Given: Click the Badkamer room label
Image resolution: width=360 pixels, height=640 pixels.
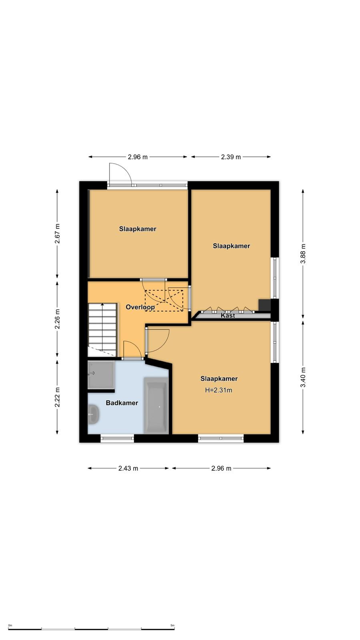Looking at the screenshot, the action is tap(122, 403).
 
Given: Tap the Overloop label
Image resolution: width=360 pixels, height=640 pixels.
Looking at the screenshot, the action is tap(140, 307).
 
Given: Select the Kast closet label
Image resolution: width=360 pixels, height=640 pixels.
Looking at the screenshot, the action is tap(228, 316).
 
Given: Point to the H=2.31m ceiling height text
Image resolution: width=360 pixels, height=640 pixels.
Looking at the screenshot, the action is tap(218, 390).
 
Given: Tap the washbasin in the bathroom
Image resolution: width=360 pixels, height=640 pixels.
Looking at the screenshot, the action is tap(94, 414).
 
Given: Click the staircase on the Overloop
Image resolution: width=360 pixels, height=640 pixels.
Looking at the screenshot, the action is tap(102, 330).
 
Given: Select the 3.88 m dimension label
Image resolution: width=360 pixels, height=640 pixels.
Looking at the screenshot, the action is tap(303, 254).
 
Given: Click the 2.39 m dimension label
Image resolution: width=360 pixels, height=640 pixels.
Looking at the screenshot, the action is tap(231, 157).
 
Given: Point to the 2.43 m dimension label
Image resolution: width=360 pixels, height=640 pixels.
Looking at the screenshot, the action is tap(128, 468).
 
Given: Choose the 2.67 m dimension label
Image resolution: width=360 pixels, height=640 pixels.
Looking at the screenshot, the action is tap(58, 234).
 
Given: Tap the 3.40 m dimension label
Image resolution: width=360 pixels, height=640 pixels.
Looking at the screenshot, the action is tap(303, 377).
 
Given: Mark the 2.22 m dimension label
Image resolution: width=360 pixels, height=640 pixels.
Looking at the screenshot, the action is tap(58, 397).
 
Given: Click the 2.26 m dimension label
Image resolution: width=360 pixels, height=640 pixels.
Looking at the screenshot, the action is tap(58, 318).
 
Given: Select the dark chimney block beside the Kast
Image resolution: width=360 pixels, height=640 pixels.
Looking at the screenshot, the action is tap(264, 305).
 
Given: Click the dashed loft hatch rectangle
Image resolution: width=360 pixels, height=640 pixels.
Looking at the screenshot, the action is tap(164, 300).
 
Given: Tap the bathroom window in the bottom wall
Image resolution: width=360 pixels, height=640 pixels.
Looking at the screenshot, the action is tap(117, 438).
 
